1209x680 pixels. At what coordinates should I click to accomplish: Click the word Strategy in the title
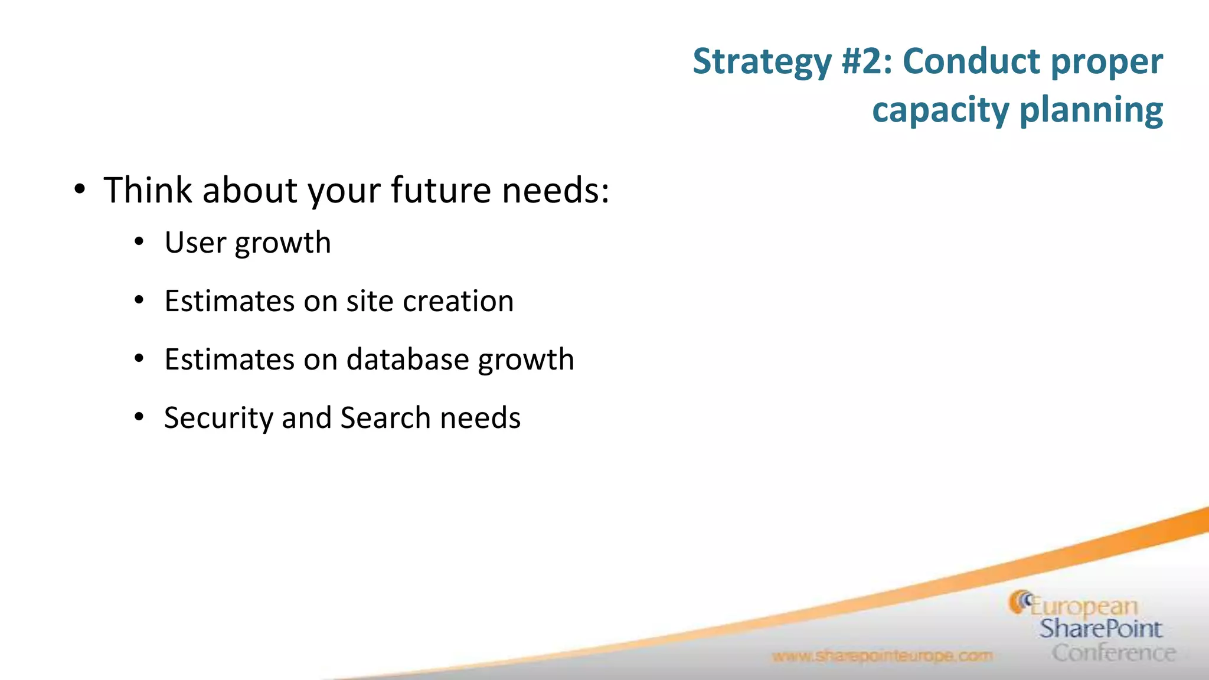(762, 62)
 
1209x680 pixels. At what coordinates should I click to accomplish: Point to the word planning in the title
(1091, 111)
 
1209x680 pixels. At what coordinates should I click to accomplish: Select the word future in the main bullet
(440, 190)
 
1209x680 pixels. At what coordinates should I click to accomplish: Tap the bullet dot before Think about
(80, 190)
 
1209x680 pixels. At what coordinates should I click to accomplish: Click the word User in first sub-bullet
(195, 243)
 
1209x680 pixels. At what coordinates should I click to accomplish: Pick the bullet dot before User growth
(139, 242)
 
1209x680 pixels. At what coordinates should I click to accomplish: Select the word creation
(458, 301)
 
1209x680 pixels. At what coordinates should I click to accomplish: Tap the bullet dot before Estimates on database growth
(139, 359)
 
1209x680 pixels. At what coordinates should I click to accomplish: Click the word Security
(218, 418)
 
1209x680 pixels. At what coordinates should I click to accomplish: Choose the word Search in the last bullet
(385, 418)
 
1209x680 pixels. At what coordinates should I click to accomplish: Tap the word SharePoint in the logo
(1100, 629)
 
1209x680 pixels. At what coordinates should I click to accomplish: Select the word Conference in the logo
(1113, 653)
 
